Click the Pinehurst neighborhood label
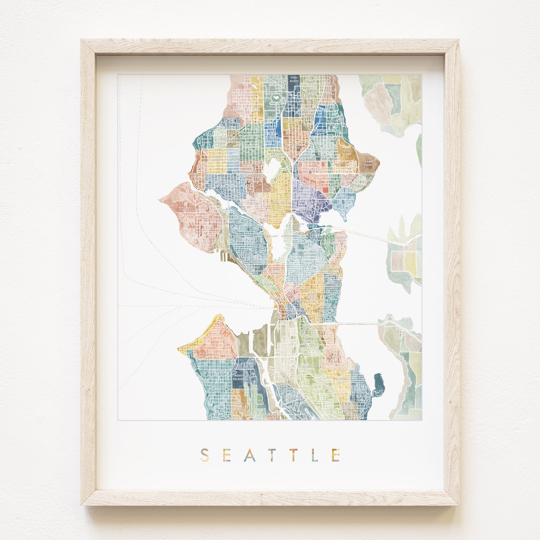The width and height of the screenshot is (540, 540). click(293, 80)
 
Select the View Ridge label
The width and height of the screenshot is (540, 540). click(346, 152)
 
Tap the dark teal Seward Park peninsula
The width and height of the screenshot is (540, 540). click(378, 383)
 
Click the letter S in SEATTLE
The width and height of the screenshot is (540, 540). click(204, 455)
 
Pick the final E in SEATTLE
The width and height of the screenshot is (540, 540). click(335, 455)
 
